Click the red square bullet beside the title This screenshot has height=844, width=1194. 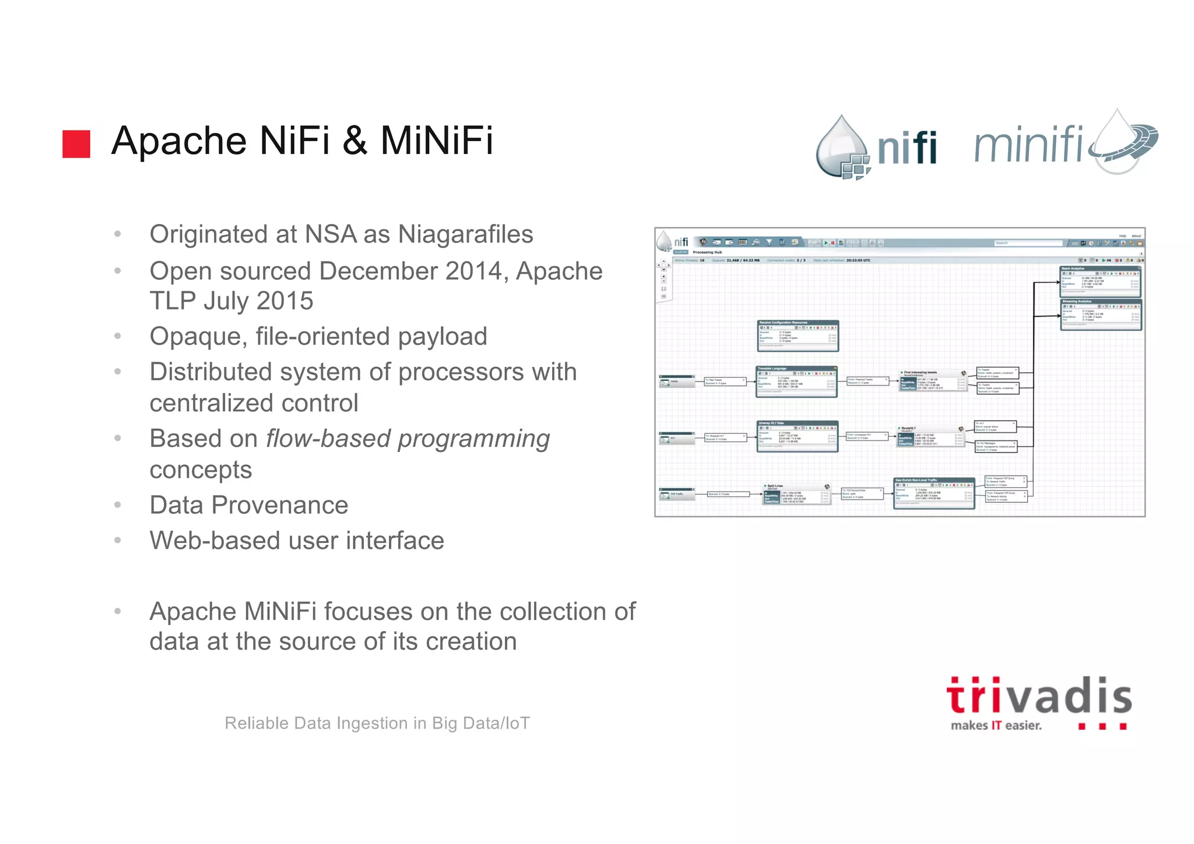pos(76,143)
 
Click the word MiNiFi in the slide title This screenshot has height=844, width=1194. pos(436,141)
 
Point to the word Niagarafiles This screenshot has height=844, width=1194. pos(465,234)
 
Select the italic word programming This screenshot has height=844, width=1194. pos(473,439)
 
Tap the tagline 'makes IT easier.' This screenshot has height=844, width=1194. pos(996,726)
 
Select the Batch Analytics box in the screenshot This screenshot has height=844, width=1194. pos(1100,282)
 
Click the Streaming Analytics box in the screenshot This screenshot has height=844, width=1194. pos(1100,315)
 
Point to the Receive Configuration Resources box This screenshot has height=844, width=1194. pos(798,336)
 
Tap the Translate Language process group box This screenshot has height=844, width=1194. pos(796,382)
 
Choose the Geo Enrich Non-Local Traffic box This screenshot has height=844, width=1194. pos(934,493)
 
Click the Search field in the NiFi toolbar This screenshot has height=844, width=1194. pos(1028,243)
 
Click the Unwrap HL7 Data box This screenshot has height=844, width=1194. pos(797,436)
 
